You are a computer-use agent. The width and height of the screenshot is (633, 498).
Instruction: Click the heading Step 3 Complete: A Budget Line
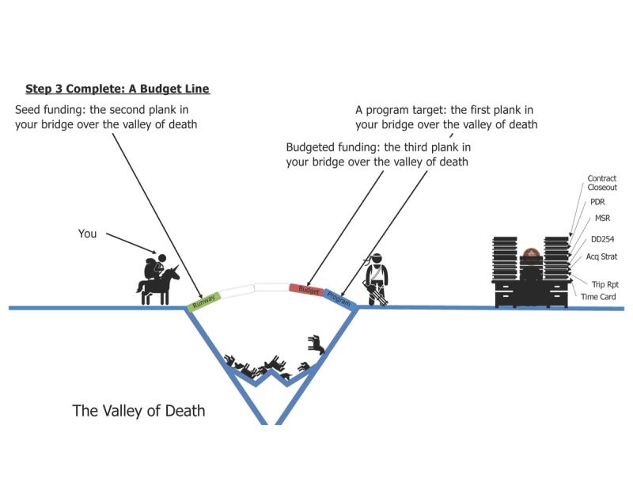click(117, 89)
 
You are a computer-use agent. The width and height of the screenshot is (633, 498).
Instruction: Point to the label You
click(87, 234)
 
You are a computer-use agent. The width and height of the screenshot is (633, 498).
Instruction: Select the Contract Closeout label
click(601, 183)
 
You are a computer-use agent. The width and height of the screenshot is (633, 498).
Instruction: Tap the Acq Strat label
click(601, 257)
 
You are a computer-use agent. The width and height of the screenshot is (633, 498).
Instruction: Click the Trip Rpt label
click(604, 283)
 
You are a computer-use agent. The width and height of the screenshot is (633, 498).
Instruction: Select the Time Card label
click(598, 297)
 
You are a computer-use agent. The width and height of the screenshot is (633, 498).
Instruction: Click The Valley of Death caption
click(138, 411)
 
